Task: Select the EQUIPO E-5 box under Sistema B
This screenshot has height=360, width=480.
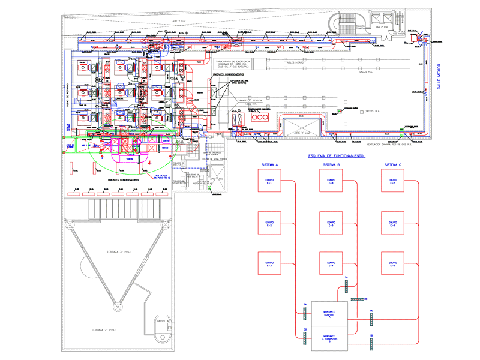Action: pyautogui.click(x=331, y=224)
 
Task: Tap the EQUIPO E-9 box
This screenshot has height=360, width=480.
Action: pyautogui.click(x=392, y=264)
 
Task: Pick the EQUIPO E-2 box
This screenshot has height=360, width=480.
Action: pyautogui.click(x=269, y=224)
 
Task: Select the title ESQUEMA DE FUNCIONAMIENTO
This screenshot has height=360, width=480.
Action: pyautogui.click(x=335, y=156)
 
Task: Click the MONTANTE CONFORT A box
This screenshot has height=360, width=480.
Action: pyautogui.click(x=328, y=314)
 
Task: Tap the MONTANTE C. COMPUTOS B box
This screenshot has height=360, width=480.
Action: pyautogui.click(x=328, y=339)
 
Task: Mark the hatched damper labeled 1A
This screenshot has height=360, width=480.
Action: pyautogui.click(x=371, y=316)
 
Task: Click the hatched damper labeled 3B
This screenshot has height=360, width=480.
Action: pyautogui.click(x=305, y=337)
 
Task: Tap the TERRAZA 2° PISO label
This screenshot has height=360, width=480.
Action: pyautogui.click(x=103, y=330)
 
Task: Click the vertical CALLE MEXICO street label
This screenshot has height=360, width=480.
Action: pyautogui.click(x=439, y=78)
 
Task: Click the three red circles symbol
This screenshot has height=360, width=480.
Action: pyautogui.click(x=260, y=118)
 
